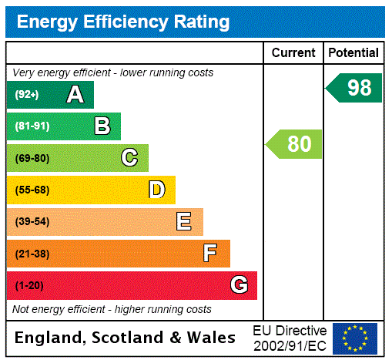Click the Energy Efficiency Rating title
click(x=122, y=22)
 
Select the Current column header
click(x=293, y=53)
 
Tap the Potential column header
click(x=353, y=53)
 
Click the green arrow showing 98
click(x=355, y=88)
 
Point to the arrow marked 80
click(x=295, y=144)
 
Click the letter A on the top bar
click(x=75, y=95)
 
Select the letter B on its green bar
click(x=102, y=126)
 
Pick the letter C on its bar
click(x=129, y=158)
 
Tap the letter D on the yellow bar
click(x=156, y=190)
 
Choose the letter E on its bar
click(x=184, y=222)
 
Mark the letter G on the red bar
click(x=239, y=285)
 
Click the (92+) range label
click(x=26, y=95)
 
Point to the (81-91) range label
click(x=32, y=126)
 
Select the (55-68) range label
click(x=32, y=190)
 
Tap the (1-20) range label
click(x=29, y=286)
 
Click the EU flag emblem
click(x=354, y=338)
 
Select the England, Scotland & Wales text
click(x=126, y=338)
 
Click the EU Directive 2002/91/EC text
click(x=290, y=338)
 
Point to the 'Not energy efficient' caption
click(x=112, y=309)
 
